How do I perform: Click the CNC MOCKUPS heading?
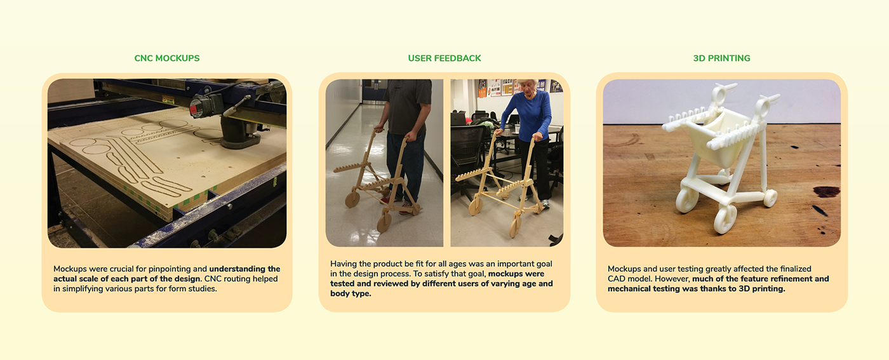tap(166, 58)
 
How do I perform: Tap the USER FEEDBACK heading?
tap(444, 58)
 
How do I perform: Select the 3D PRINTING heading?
tap(721, 58)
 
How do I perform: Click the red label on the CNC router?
tap(195, 107)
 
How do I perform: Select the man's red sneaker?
tap(385, 199)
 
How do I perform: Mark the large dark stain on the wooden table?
tap(827, 192)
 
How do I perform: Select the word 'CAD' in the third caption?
tap(616, 279)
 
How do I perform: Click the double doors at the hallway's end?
tap(373, 91)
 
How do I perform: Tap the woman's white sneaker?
tap(545, 204)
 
